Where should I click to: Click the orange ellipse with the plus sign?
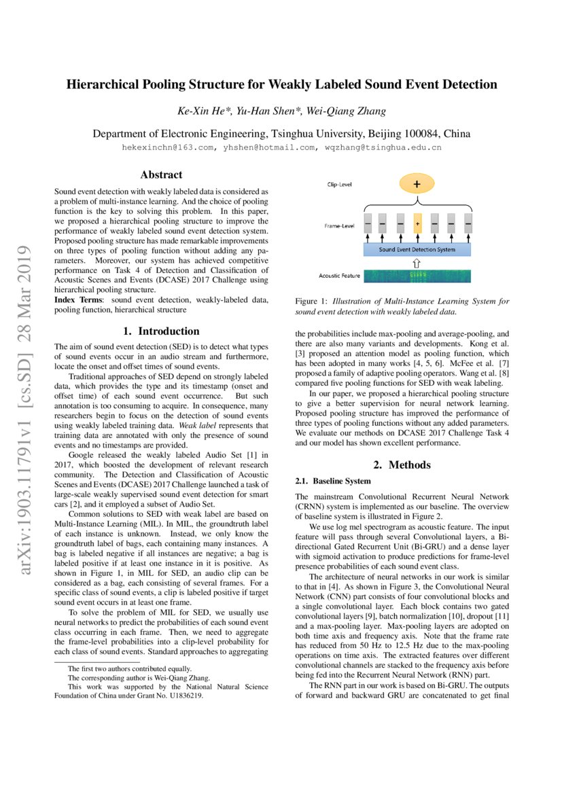(416, 184)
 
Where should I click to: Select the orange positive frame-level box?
(417, 223)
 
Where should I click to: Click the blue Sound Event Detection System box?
(417, 249)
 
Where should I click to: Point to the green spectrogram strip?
(417, 276)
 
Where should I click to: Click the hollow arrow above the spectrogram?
(417, 262)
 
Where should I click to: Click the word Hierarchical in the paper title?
(102, 85)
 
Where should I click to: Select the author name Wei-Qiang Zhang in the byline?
(348, 111)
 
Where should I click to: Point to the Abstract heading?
(160, 175)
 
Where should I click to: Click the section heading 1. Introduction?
(161, 331)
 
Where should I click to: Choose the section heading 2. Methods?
(402, 465)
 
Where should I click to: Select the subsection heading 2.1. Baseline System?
(332, 481)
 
